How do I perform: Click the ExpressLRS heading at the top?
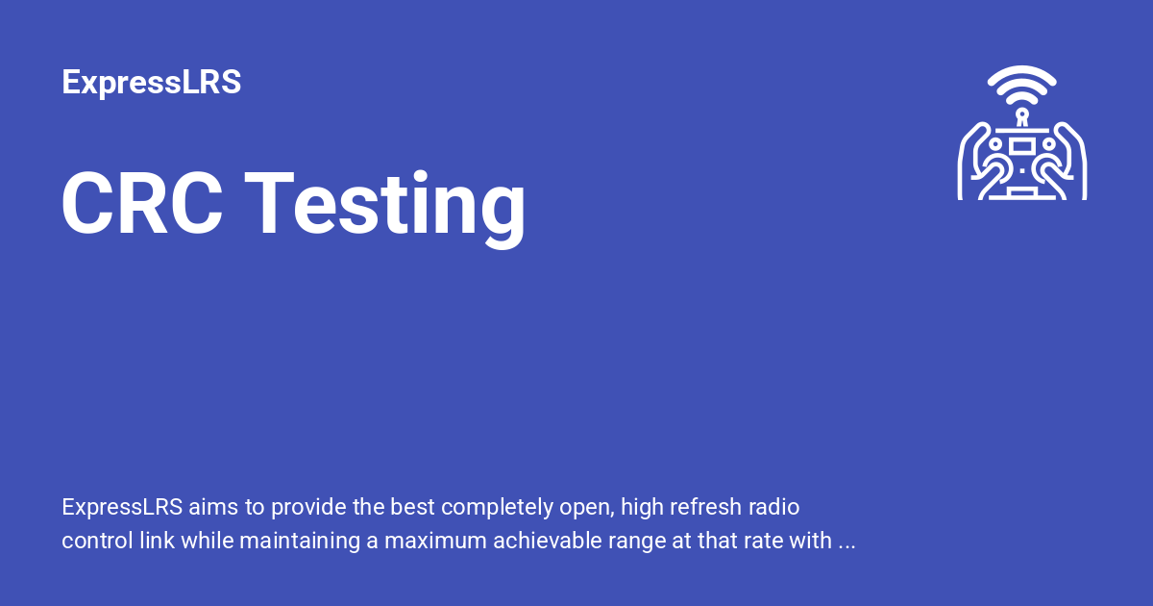coord(151,83)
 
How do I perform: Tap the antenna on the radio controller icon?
coord(1021,117)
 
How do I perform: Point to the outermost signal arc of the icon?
coord(1021,73)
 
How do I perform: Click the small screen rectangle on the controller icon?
coord(1021,146)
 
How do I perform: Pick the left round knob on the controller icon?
coord(996,143)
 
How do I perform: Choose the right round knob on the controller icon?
coord(1047,143)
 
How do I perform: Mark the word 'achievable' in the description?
coord(543,542)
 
